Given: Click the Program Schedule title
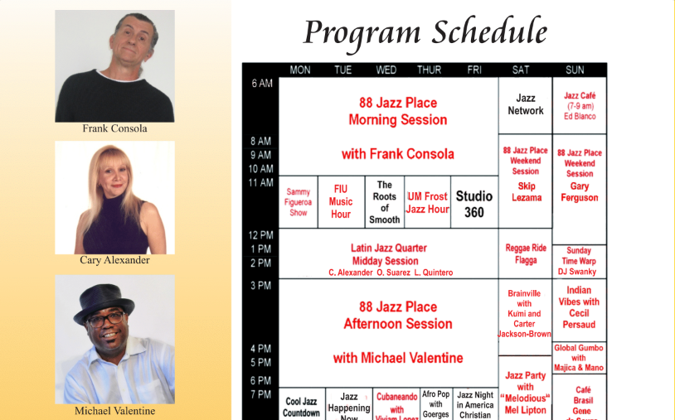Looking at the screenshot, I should coord(425,32).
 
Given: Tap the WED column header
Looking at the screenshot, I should coord(386,70).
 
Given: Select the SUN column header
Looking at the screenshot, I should coord(575,70).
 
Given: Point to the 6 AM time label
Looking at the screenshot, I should coord(261,84).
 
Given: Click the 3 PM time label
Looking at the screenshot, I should coord(261,286).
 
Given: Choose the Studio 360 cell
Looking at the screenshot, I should coord(473,203).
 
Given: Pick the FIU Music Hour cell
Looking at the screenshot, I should coord(341,201).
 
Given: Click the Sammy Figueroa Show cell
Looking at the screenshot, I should coord(299,201).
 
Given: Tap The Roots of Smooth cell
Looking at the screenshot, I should coord(385,202).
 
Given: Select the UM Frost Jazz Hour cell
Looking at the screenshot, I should coord(428,202).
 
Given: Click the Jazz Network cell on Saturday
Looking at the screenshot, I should coord(526,104).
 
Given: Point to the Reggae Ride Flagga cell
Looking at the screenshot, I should coord(526,253).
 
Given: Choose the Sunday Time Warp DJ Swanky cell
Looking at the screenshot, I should coord(579,261).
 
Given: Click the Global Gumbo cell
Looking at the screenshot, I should coord(579,358).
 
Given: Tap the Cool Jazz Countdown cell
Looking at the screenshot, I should coord(300,407).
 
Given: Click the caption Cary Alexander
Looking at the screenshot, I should coord(114,260).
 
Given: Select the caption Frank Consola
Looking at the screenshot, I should coord(114,128).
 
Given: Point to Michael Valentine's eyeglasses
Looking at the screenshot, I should coord(105,319).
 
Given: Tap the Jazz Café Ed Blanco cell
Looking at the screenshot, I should coord(580,106).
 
